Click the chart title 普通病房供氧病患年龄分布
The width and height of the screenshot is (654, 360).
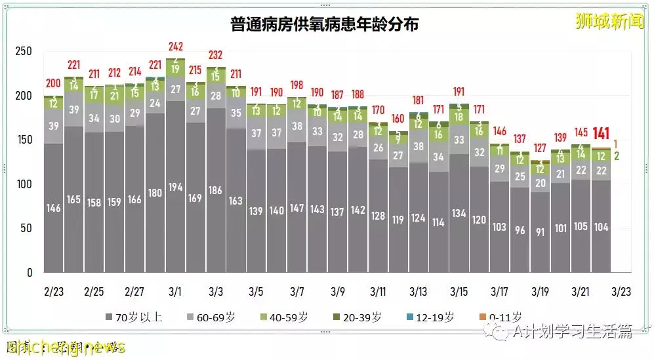pos(325,25)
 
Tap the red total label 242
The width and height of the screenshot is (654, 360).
pos(175,47)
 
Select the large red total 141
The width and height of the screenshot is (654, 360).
pos(602,134)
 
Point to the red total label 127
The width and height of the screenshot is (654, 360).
pos(540,147)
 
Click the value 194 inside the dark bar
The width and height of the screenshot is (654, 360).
pos(175,187)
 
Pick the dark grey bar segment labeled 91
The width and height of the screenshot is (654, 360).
pos(540,231)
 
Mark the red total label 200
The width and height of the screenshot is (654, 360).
pos(53,83)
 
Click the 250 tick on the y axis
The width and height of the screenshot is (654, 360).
pos(24,51)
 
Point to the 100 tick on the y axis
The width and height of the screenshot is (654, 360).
pos(24,184)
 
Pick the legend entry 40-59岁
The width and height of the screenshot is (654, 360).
pos(282,317)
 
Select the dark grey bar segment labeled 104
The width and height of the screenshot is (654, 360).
pos(601,226)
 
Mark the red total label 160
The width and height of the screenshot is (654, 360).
pos(398,119)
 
